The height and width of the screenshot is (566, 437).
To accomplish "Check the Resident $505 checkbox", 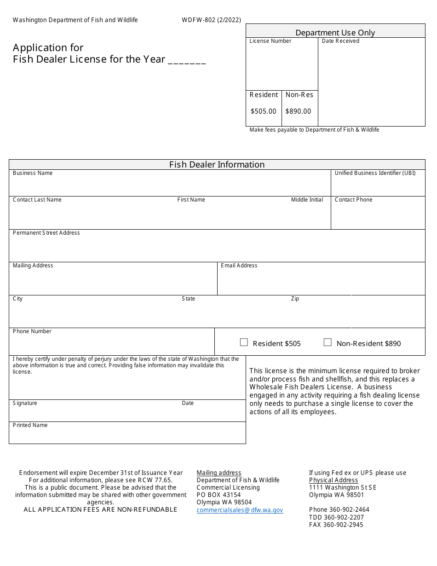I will [x=244, y=342].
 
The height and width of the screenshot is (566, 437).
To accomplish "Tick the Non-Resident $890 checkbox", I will [x=328, y=342].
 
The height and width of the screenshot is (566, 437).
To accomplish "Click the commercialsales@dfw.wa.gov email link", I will [x=240, y=510].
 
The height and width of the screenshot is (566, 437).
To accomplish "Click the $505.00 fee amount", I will [x=264, y=111].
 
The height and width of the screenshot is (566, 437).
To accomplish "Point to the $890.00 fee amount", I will [x=298, y=111].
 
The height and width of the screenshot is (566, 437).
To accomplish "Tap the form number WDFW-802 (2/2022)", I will [x=211, y=20].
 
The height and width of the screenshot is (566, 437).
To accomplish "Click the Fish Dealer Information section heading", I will [x=217, y=165].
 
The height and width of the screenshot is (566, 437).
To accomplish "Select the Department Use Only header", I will [x=335, y=33].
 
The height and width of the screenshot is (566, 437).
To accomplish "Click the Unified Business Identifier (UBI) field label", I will [x=375, y=173].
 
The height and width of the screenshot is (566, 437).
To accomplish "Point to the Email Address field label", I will [x=239, y=266].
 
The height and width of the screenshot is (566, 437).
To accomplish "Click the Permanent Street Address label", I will [x=46, y=233].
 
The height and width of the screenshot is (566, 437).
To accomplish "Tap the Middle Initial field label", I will [x=307, y=200].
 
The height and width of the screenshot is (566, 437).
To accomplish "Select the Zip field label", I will [x=295, y=299].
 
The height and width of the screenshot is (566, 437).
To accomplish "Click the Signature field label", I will [x=25, y=403].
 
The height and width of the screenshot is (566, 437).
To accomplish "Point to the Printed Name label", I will [x=30, y=425].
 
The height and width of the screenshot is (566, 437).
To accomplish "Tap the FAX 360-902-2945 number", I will [x=336, y=525].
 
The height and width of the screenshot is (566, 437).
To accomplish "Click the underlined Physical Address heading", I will [x=333, y=480].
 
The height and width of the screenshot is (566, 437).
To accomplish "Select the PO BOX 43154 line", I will [x=218, y=495].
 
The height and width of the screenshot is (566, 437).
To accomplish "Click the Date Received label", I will [x=340, y=41].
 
